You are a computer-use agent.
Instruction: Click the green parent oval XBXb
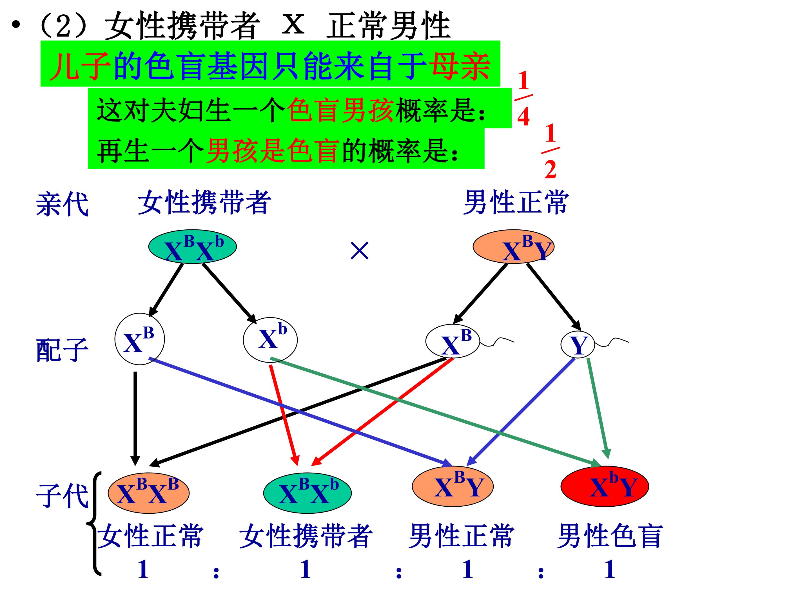[193, 247]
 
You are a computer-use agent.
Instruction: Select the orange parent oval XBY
[513, 247]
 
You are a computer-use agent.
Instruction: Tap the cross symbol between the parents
[359, 251]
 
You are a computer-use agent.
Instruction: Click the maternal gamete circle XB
[140, 339]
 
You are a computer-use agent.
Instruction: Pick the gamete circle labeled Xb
[270, 340]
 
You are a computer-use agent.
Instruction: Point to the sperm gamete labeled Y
[578, 345]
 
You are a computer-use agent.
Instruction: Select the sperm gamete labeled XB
[453, 341]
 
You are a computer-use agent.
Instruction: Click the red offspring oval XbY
[605, 486]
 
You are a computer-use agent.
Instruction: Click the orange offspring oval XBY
[453, 486]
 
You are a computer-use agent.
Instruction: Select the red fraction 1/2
[550, 151]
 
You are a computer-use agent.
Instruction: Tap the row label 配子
[62, 350]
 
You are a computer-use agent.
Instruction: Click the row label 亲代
[62, 204]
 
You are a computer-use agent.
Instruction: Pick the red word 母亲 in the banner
[460, 66]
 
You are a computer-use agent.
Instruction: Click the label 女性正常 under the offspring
[150, 536]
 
